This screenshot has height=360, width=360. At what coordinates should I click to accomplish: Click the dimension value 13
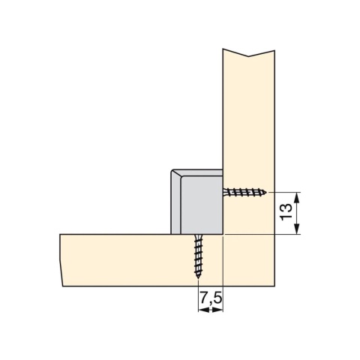[x=286, y=212]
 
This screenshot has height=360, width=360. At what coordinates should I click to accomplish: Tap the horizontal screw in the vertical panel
[x=244, y=192]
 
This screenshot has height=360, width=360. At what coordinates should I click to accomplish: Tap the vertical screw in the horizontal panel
[x=198, y=256]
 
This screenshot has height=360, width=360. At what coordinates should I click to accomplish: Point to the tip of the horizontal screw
[x=266, y=193]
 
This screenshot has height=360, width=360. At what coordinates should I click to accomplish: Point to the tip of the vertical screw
[x=198, y=279]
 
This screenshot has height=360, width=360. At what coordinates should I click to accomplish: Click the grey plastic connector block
[x=196, y=202]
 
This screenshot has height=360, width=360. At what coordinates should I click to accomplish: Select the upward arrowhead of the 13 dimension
[x=296, y=197]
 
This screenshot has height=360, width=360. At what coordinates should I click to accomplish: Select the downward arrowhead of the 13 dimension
[x=296, y=229]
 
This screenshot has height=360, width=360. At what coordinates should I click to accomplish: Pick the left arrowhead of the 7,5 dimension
[x=203, y=310]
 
